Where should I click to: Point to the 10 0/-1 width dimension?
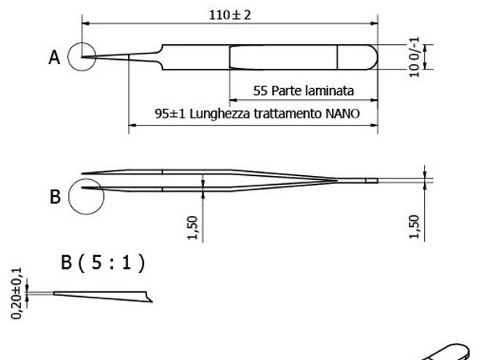[414, 58]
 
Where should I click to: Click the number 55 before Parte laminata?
[261, 90]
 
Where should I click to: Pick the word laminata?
[328, 90]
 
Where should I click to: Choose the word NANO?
[342, 114]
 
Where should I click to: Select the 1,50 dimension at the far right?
[414, 226]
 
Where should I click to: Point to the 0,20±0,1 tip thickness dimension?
[19, 294]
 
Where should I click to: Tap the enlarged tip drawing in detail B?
[100, 295]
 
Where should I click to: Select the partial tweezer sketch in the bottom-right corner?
[451, 350]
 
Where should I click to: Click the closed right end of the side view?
[370, 181]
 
